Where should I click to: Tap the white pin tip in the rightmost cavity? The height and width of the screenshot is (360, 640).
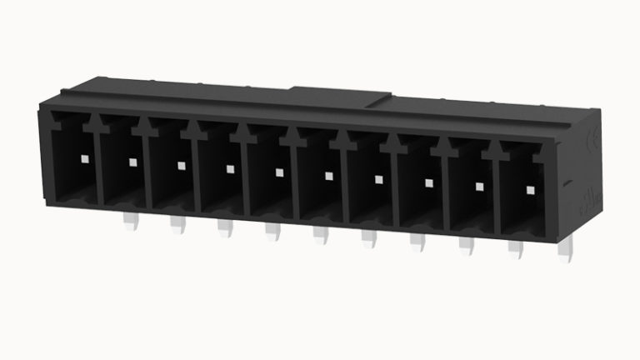click(529, 191)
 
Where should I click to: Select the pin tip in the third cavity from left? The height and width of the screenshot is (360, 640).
click(181, 164)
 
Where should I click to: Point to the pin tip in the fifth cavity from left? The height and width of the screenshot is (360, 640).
click(279, 172)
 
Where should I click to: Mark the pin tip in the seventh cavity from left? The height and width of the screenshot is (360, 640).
click(378, 179)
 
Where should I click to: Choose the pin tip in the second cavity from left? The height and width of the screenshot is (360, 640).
click(132, 160)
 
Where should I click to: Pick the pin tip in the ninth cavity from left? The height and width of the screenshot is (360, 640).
click(479, 187)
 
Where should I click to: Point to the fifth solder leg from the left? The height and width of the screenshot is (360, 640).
click(321, 235)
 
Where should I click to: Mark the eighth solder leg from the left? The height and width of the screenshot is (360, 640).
click(466, 245)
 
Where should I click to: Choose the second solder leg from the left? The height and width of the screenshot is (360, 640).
click(177, 223)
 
